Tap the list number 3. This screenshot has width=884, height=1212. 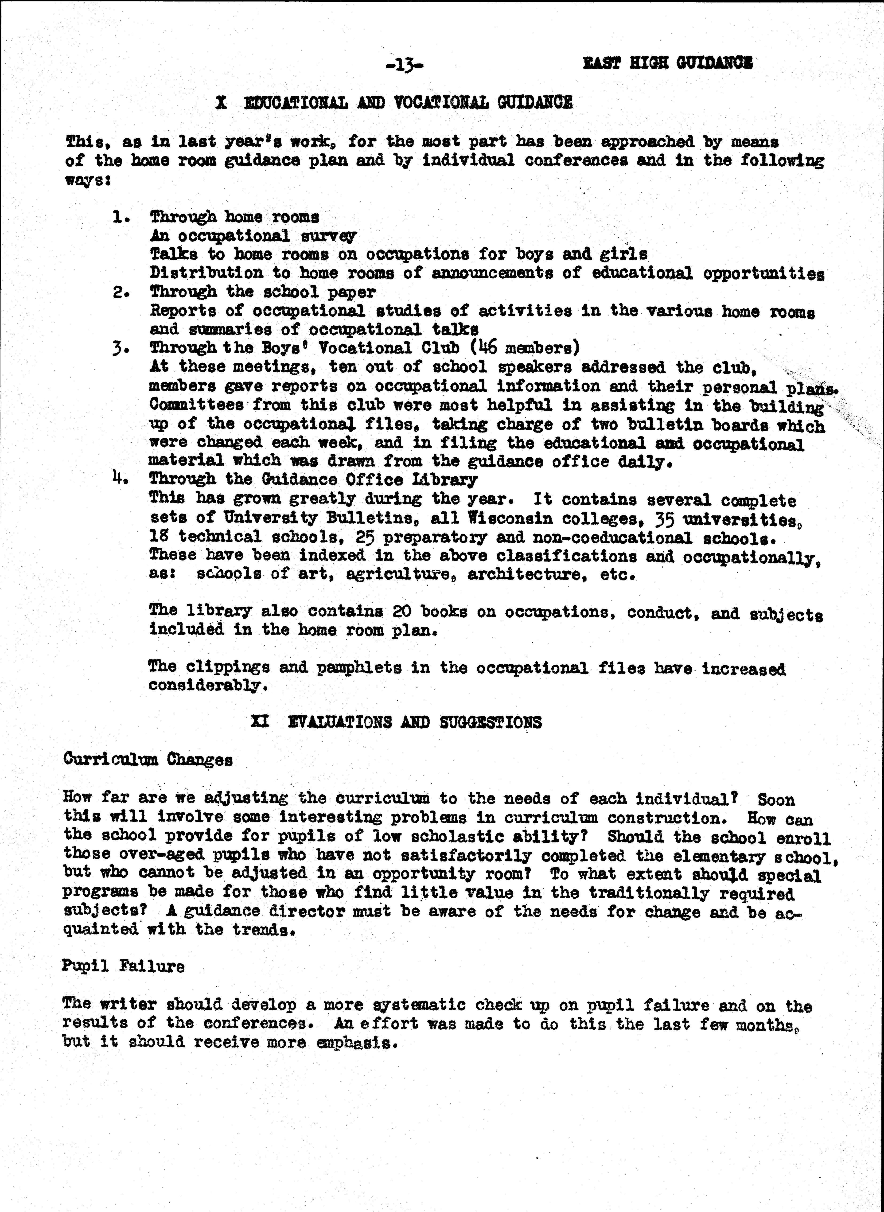[x=120, y=348]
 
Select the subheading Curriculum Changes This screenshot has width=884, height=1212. [x=148, y=760]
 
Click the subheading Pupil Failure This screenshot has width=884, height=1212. [x=123, y=966]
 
